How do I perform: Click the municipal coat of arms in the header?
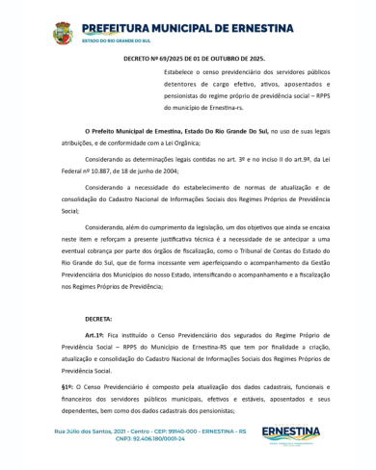coord(62,34)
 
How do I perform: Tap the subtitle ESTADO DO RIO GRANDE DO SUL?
coord(116,42)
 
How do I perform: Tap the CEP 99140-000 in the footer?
coord(182,431)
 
